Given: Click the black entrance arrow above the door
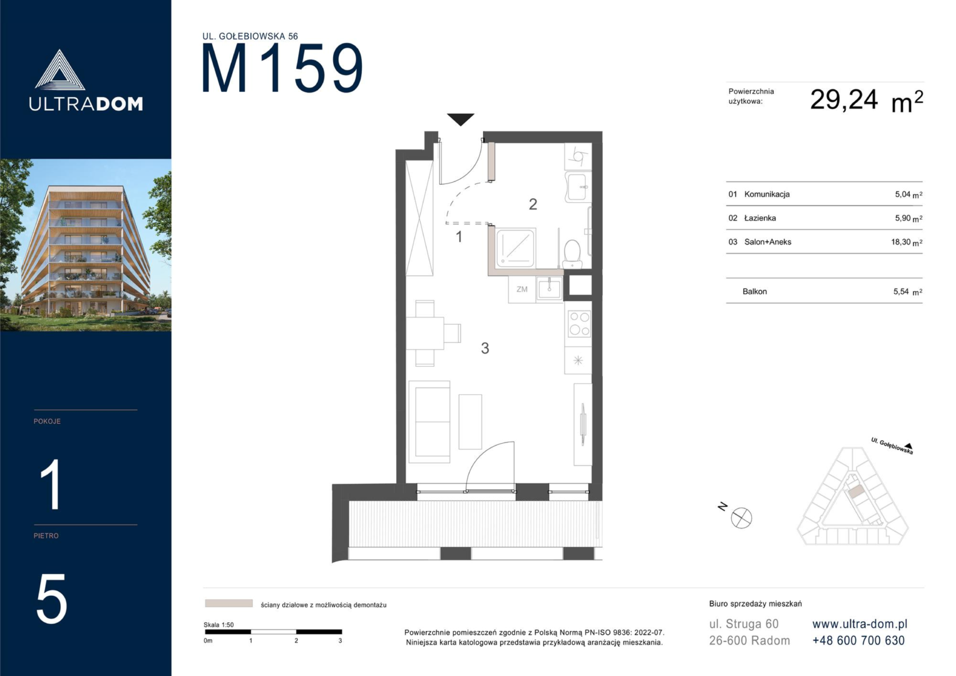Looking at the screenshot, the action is [461, 119].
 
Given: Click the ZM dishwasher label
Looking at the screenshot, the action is [522, 289].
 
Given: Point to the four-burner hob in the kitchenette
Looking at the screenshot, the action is [578, 324].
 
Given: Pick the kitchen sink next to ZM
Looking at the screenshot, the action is [549, 289].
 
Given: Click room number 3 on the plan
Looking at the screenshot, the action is [485, 348].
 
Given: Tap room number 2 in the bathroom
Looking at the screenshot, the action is [533, 205].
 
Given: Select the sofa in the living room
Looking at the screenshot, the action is [429, 422].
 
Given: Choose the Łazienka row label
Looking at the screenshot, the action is [760, 218].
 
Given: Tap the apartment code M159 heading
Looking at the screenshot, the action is [282, 68].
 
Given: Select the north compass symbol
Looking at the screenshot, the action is [741, 518].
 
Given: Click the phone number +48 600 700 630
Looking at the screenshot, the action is [858, 640].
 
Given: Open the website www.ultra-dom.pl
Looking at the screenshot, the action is [860, 624].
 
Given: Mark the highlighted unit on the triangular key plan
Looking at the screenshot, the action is [855, 491].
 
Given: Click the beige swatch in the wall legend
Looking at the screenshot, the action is [229, 603].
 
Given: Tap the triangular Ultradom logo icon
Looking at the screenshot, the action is [59, 70].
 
